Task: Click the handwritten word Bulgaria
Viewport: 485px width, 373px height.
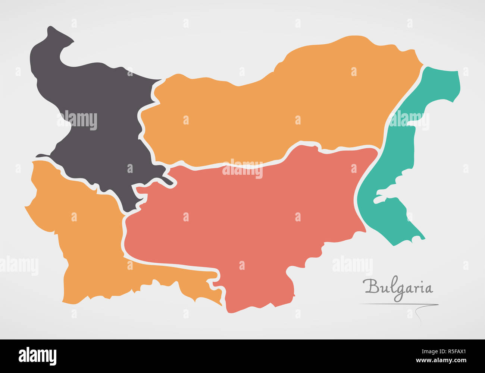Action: point(398,288)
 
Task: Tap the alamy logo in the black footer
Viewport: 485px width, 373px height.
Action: point(38,356)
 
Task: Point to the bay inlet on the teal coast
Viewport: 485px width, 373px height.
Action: point(388,194)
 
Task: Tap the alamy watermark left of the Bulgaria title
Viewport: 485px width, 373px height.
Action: point(352,265)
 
